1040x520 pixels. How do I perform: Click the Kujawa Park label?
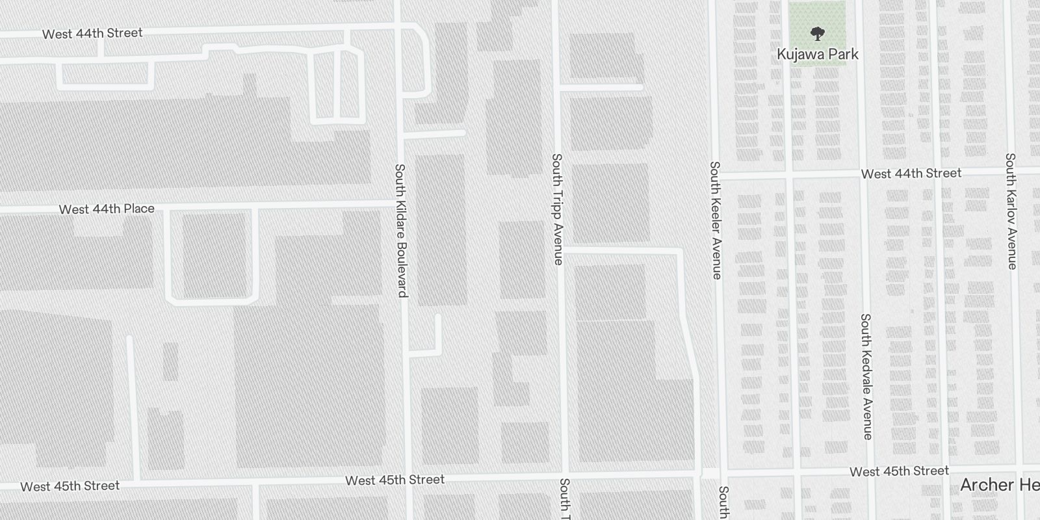pos(817,55)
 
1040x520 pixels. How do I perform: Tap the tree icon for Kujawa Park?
pos(817,33)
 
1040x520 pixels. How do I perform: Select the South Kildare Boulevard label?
pos(401,230)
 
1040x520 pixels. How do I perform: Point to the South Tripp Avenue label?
pos(557,209)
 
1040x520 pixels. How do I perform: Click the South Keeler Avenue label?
pos(716,220)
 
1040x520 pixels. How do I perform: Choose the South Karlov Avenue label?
pos(1011,211)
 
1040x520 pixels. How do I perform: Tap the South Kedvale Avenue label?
pos(866,376)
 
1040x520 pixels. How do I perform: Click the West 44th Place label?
pos(107,209)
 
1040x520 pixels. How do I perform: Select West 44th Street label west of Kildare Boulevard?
pos(92,33)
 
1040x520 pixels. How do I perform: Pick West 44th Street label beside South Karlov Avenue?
pos(911,174)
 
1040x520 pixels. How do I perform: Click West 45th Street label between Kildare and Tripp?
pos(395,480)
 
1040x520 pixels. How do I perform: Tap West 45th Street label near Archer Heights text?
pos(899,471)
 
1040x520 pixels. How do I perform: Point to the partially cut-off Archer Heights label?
pos(1000,485)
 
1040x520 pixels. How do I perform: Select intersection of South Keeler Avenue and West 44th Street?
pos(716,175)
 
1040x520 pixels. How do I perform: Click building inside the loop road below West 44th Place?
pos(213,255)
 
